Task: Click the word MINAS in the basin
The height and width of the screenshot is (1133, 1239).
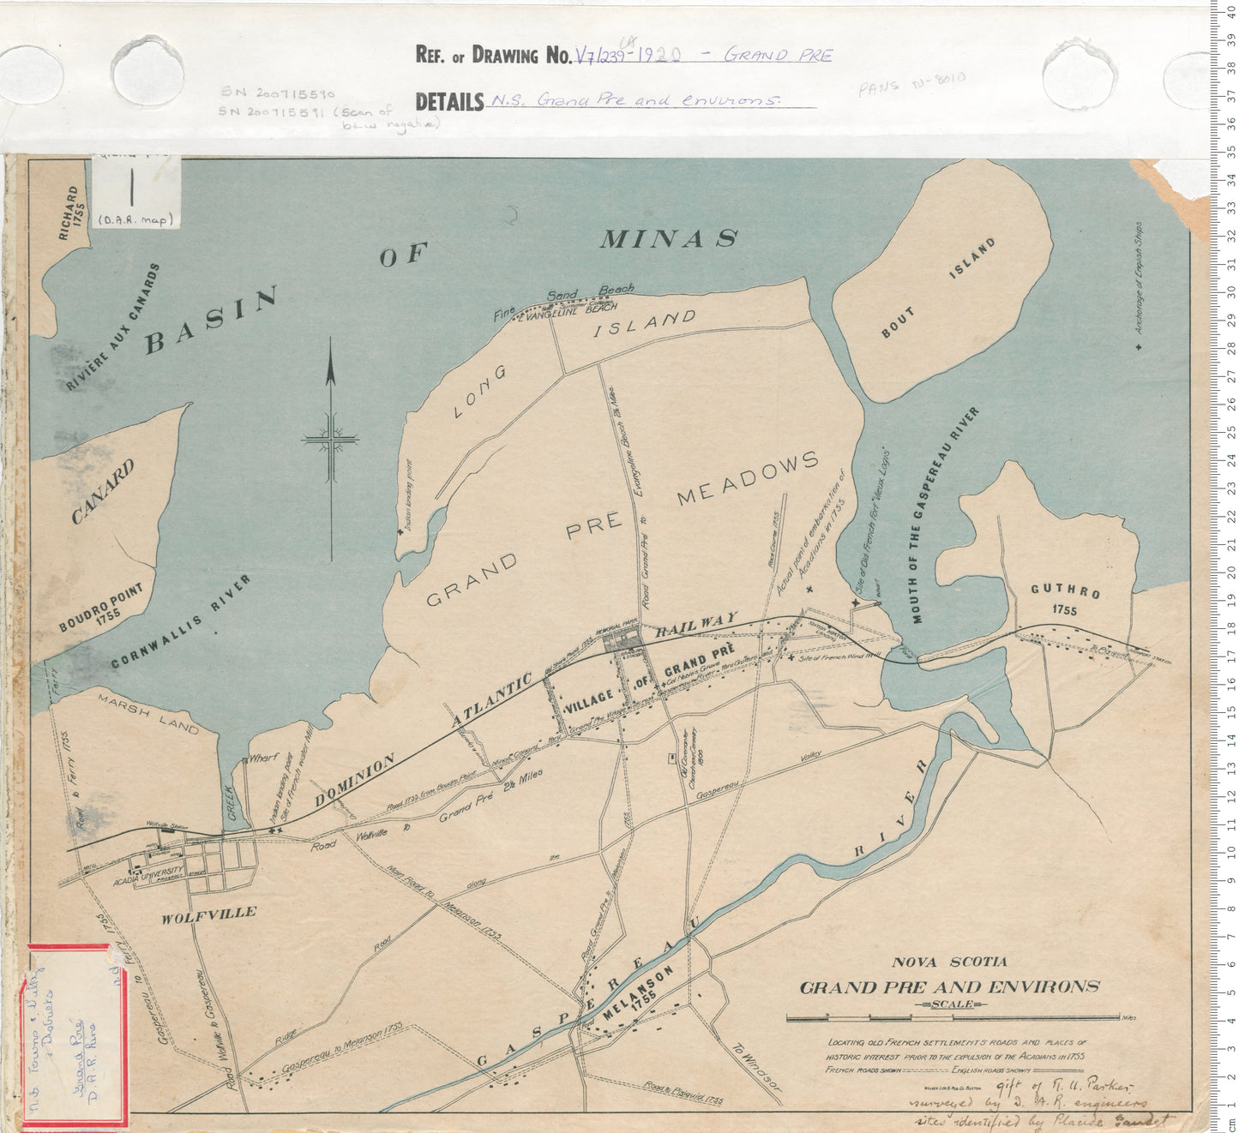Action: [668, 238]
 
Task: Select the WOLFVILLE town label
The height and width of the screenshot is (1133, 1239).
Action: [208, 914]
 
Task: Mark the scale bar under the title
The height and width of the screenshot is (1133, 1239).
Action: [953, 1018]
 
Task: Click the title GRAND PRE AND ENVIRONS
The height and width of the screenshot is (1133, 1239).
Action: [949, 986]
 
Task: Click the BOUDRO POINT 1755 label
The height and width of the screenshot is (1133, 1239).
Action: [102, 608]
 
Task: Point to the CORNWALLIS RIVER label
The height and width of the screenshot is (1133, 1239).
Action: [182, 621]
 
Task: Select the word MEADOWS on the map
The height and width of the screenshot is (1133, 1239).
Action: [748, 478]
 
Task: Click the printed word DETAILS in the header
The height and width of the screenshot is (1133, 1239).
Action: [449, 102]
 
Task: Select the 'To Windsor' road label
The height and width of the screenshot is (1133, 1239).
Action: [755, 1066]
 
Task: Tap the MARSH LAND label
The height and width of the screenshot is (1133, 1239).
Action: [148, 714]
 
